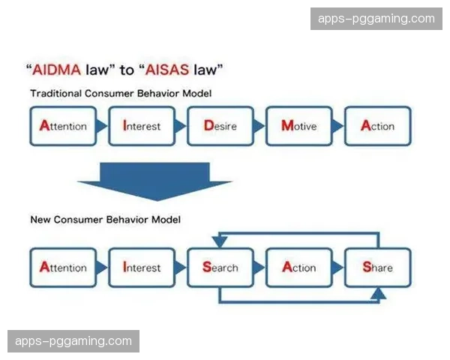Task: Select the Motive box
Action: pos(298,126)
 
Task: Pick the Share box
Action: pos(377,268)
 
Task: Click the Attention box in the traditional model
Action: pos(63,126)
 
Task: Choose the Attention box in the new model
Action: pos(63,268)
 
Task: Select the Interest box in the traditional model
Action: pos(141,126)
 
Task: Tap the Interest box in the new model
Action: pos(141,268)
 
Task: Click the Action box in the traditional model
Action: pos(377,126)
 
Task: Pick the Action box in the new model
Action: pos(298,268)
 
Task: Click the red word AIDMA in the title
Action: pos(58,71)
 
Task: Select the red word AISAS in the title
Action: pos(169,71)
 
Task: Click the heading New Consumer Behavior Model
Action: pos(105,220)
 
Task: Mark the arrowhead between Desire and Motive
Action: pos(259,126)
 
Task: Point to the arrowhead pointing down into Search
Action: pos(219,241)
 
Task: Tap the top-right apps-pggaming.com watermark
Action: pos(376,19)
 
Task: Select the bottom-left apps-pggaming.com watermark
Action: pos(73,341)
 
